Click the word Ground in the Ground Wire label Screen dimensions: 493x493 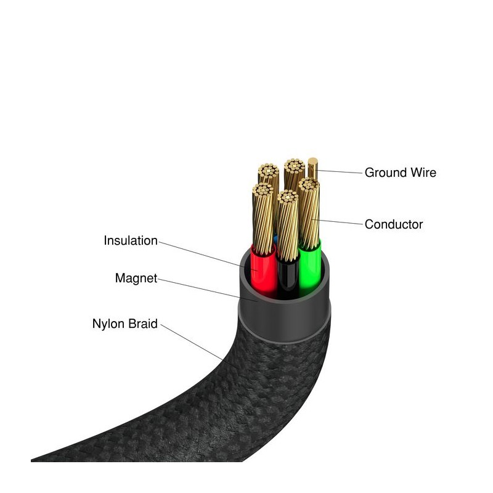pyautogui.click(x=383, y=173)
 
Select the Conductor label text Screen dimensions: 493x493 pyautogui.click(x=394, y=224)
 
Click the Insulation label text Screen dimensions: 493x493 pyautogui.click(x=131, y=240)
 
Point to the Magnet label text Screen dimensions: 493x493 pyautogui.click(x=136, y=278)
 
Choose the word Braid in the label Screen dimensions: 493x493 pyautogui.click(x=143, y=323)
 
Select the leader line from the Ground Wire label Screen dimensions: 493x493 pyautogui.click(x=339, y=171)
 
